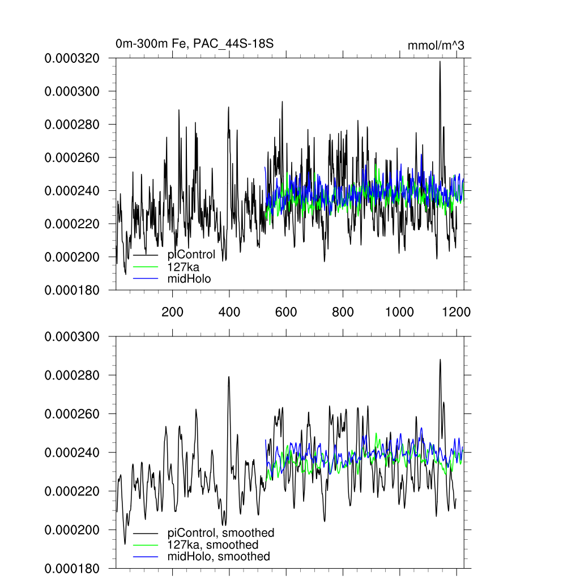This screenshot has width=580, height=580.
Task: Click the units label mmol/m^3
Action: tap(436, 45)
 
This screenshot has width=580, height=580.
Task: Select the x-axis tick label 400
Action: tap(229, 312)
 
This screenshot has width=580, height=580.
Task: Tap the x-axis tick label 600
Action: tap(286, 312)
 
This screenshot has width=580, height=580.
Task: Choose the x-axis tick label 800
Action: tap(343, 312)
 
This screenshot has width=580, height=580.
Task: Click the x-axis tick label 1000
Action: tap(400, 312)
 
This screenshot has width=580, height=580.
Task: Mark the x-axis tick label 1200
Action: tap(457, 312)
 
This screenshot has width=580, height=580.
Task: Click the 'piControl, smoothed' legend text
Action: tap(221, 533)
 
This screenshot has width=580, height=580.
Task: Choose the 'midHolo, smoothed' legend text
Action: tap(219, 557)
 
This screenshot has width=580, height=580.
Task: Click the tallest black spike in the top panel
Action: tap(440, 62)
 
